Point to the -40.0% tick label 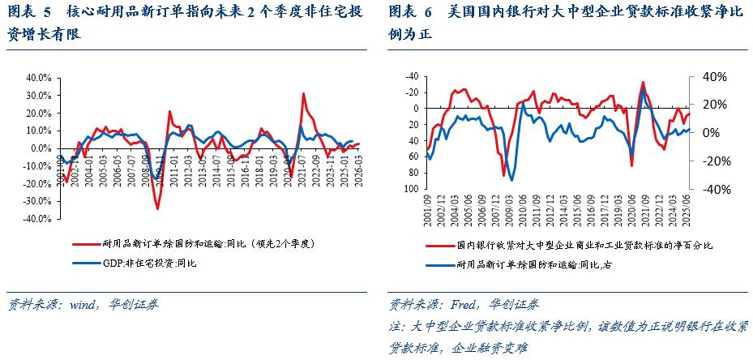(x=38, y=219)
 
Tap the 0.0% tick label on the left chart (x=41, y=148)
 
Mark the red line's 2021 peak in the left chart (x=303, y=94)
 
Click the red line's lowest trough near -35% (x=157, y=208)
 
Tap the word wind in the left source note (x=83, y=305)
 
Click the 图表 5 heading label (x=29, y=14)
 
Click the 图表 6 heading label (x=412, y=14)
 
